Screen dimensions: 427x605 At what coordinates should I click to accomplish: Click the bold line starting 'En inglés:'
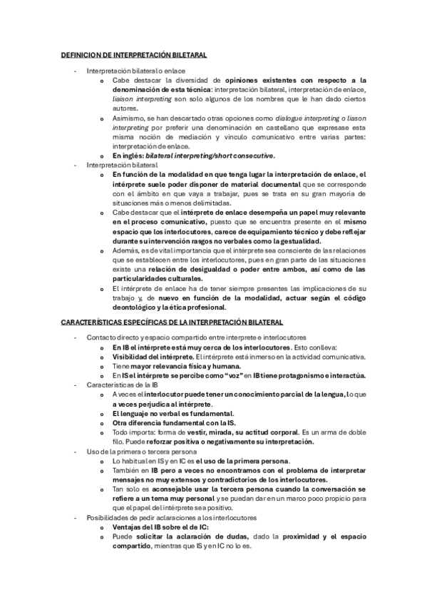(193, 155)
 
